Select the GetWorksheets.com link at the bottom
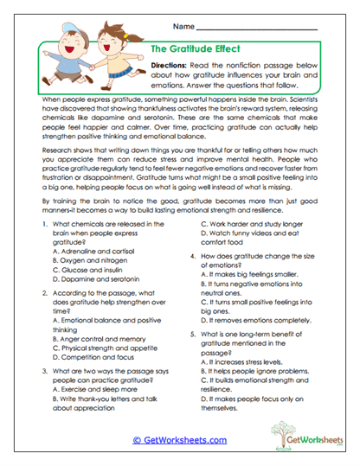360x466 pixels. pyautogui.click(x=179, y=440)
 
